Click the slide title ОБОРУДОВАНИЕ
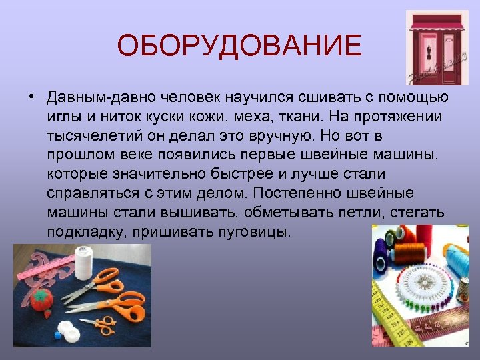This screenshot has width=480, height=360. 239,46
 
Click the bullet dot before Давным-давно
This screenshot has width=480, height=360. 32,98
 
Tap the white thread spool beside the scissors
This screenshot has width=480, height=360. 83,263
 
